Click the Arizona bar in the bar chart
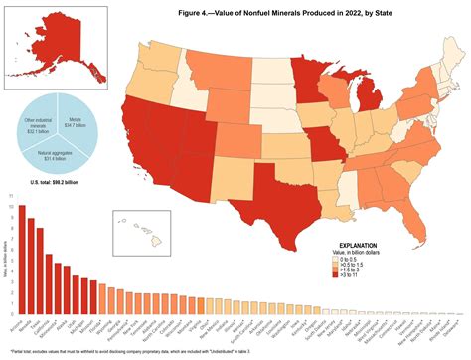22,260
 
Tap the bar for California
49,283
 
